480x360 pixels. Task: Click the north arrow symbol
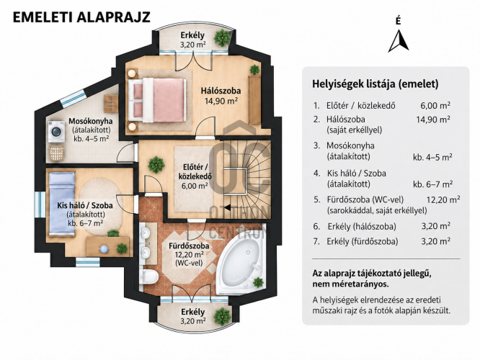coord(399,41)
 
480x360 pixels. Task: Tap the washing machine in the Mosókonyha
coord(56,132)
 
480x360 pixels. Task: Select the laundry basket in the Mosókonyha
coord(57,153)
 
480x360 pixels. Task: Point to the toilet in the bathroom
coord(149,276)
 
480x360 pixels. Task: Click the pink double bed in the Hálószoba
coord(157,99)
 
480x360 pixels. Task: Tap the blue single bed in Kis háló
coord(62,203)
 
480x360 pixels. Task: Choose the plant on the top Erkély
coord(222,37)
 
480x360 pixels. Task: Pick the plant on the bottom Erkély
coord(222,317)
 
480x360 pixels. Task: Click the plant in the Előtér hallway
coord(156,165)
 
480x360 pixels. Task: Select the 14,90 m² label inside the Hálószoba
coord(221,101)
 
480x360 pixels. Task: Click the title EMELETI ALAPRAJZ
coord(81,17)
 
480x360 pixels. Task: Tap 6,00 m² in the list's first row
coord(435,106)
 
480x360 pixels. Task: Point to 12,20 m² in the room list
coord(443,199)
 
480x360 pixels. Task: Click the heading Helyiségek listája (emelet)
coord(375,84)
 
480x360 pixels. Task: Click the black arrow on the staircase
coord(228,207)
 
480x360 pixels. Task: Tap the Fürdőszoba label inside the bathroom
coord(189,246)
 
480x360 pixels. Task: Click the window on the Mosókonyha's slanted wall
coord(73,98)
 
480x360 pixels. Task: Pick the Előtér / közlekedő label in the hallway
coord(195,171)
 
